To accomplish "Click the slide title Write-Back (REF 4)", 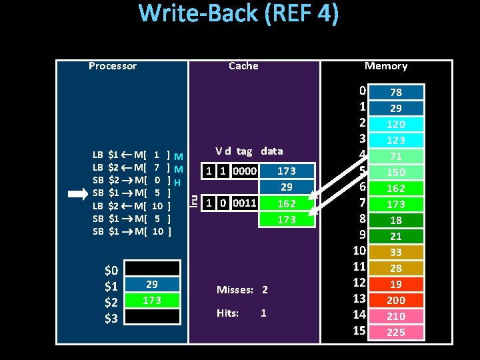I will [x=239, y=14].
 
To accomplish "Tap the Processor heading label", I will [x=113, y=65].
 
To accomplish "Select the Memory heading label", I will [x=386, y=65].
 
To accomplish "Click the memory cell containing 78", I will [x=396, y=92].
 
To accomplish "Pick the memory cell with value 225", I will [x=396, y=332].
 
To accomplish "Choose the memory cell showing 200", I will [x=396, y=300].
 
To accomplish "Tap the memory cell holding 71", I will [x=396, y=156].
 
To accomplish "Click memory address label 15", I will [x=360, y=331].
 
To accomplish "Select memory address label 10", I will [x=360, y=251].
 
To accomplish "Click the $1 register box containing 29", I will [x=152, y=285].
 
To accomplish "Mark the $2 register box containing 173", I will [x=152, y=301].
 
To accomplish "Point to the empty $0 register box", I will [x=152, y=269].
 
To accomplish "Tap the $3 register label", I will [x=111, y=318].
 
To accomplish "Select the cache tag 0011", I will [x=245, y=203].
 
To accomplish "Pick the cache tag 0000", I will [x=245, y=171].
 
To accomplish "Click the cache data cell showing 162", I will [x=287, y=203].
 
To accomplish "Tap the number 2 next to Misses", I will [x=265, y=290].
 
